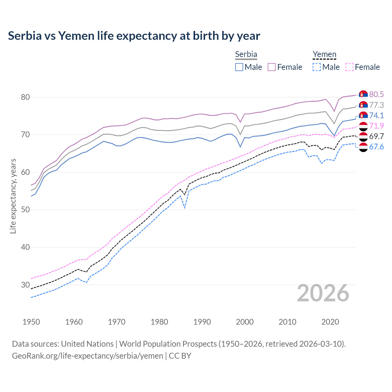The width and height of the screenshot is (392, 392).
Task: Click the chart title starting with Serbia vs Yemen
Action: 134,36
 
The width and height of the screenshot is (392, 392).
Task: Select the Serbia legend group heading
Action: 246,54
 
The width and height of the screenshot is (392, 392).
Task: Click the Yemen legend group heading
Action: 324,54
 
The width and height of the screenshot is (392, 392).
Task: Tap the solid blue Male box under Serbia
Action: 239,67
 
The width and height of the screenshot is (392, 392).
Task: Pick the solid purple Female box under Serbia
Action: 272,67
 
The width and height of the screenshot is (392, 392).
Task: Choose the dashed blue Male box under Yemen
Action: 317,67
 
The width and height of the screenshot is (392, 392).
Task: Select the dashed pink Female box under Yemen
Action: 349,67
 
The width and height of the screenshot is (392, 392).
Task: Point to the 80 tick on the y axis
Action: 25,97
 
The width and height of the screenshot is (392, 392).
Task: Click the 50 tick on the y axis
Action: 25,210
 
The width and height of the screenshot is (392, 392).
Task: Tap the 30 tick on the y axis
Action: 25,285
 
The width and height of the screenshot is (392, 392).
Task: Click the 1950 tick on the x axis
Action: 31,322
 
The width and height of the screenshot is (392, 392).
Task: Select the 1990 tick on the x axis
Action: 202,322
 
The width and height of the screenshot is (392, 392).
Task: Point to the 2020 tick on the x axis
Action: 330,322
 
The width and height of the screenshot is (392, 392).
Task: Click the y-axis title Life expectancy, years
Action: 13,196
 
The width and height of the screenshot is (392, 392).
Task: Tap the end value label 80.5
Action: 376,94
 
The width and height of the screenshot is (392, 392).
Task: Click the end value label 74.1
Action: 376,115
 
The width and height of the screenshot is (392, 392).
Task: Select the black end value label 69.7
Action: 376,136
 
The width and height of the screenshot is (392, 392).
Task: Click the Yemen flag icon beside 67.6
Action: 363,147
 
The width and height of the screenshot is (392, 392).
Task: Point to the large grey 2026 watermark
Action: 323,293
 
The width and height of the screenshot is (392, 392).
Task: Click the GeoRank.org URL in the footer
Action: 88,356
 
